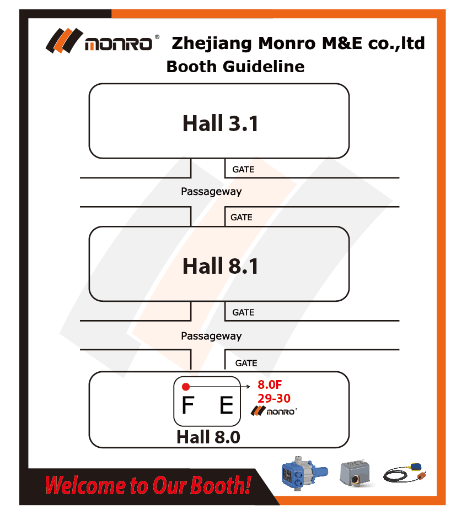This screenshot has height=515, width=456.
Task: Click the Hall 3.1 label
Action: click(x=220, y=123)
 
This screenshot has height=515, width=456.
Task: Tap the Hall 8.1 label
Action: click(x=220, y=265)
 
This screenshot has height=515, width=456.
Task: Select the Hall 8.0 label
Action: click(x=208, y=437)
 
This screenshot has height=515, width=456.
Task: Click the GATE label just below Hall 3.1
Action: click(x=243, y=170)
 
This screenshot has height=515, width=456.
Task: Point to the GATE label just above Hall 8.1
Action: click(x=242, y=218)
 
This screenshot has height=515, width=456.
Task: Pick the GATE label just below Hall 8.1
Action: click(x=243, y=312)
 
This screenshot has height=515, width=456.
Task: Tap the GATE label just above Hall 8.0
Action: click(x=246, y=364)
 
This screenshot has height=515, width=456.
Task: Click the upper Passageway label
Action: click(x=211, y=192)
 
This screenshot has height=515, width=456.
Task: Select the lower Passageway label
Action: click(x=211, y=336)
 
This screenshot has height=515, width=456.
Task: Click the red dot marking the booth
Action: click(x=186, y=387)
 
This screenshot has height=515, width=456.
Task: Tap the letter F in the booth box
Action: click(x=187, y=405)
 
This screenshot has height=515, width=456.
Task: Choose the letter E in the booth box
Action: click(x=227, y=405)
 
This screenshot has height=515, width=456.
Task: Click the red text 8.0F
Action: click(x=270, y=384)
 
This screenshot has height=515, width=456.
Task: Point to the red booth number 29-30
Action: click(x=274, y=398)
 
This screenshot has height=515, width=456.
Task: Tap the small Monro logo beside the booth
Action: click(x=274, y=411)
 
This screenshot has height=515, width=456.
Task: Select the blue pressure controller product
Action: click(x=305, y=473)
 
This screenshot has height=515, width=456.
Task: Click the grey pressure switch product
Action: click(x=356, y=473)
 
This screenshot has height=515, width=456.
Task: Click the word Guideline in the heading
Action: click(x=264, y=67)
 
